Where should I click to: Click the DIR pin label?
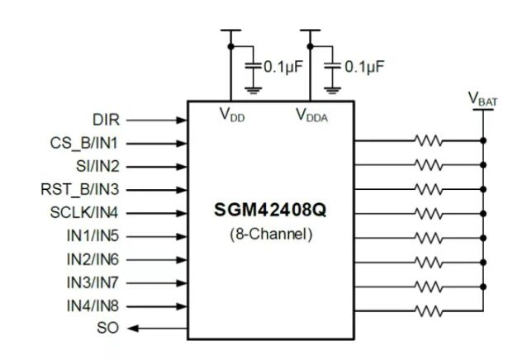(105, 119)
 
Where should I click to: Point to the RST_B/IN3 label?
(81, 188)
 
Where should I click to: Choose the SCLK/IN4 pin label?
(85, 212)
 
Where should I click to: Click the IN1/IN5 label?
(93, 235)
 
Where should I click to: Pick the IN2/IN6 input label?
(93, 258)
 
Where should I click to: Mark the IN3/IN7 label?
(93, 282)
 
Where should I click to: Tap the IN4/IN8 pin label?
(93, 306)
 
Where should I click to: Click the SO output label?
(108, 328)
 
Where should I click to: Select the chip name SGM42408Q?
(270, 211)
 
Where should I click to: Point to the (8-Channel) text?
(270, 234)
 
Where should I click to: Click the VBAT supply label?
(484, 99)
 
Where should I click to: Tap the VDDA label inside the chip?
(311, 116)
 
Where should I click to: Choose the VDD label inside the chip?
(232, 116)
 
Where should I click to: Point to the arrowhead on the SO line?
(132, 328)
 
